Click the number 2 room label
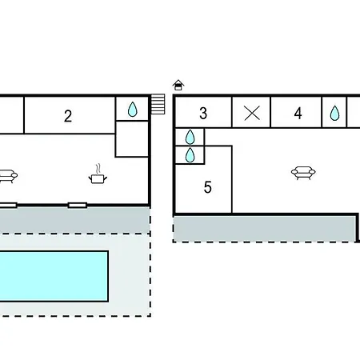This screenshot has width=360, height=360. tap(68, 116)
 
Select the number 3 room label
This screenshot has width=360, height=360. tap(203, 114)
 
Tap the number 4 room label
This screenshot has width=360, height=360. tap(298, 114)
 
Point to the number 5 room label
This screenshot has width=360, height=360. tap(208, 187)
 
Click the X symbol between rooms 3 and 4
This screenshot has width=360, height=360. tap(252, 113)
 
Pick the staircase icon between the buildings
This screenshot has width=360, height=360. tap(158, 104)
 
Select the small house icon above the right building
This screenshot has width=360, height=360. tap(178, 86)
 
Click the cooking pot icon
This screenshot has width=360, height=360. tap(98, 178)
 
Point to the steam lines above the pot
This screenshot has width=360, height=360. tap(98, 169)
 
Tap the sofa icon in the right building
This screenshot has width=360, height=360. tap(303, 173)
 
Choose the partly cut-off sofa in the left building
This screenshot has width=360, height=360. tap(8, 176)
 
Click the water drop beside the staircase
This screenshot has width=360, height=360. tap(133, 110)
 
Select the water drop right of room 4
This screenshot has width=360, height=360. tap(334, 113)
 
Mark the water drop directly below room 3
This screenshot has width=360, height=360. tap(190, 137)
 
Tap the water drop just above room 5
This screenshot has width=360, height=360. tap(190, 155)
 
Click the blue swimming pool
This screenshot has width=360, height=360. tap(54, 276)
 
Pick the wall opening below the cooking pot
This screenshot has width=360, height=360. tap(78, 206)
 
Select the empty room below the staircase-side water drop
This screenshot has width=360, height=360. tap(132, 139)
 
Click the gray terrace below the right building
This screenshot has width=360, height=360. tap(265, 229)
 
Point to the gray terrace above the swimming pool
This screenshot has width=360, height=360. tap(75, 220)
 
